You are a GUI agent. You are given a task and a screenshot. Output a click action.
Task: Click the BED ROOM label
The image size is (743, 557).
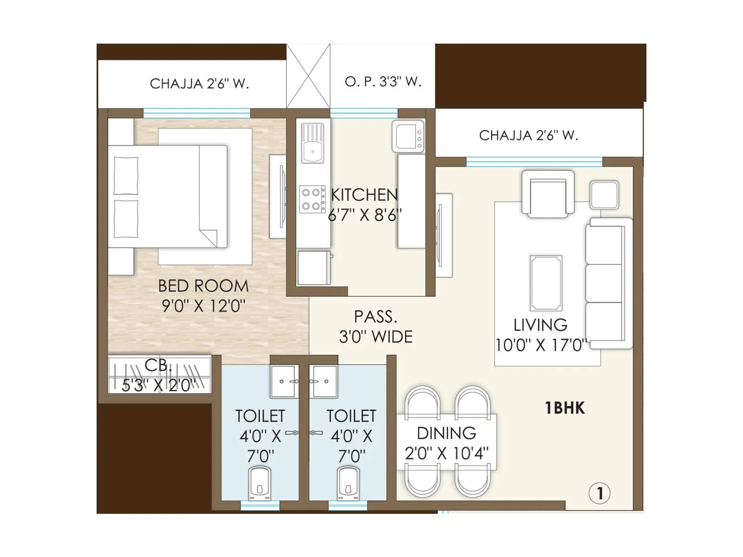pyautogui.click(x=203, y=286)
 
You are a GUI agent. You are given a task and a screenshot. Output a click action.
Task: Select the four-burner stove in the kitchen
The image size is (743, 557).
pyautogui.click(x=312, y=199)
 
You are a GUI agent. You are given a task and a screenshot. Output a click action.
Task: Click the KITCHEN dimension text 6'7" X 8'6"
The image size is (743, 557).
pyautogui.click(x=365, y=215)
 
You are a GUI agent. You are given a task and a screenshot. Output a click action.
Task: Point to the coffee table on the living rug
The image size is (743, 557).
pyautogui.click(x=546, y=283)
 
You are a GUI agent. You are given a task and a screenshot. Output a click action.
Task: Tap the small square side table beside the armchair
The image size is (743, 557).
pyautogui.click(x=604, y=195)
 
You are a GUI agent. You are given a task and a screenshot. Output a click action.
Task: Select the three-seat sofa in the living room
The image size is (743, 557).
pyautogui.click(x=608, y=283)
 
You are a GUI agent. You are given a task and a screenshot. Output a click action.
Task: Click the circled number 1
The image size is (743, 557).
pyautogui.click(x=599, y=493)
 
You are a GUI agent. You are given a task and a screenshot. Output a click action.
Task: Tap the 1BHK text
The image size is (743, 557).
pyautogui.click(x=564, y=408)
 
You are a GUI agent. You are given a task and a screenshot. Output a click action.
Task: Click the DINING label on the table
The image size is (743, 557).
pyautogui.click(x=446, y=433)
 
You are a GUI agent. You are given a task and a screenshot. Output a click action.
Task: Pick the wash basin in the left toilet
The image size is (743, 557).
pyautogui.click(x=283, y=382)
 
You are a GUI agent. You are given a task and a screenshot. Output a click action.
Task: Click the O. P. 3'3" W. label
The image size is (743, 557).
pyautogui.click(x=383, y=82)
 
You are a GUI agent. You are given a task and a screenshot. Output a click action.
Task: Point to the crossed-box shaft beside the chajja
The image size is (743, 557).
pyautogui.click(x=308, y=76)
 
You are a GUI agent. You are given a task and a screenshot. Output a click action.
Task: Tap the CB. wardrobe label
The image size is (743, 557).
pyautogui.click(x=158, y=366)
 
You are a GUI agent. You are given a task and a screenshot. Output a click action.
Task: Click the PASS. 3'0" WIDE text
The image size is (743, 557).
pyautogui.click(x=376, y=327)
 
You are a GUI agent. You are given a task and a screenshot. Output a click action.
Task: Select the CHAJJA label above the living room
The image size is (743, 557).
pyautogui.click(x=528, y=136)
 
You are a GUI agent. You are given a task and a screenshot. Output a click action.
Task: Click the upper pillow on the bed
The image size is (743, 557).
pyautogui.click(x=126, y=175)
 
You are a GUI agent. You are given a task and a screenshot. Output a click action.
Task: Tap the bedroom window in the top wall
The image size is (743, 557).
pyautogui.click(x=196, y=113)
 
